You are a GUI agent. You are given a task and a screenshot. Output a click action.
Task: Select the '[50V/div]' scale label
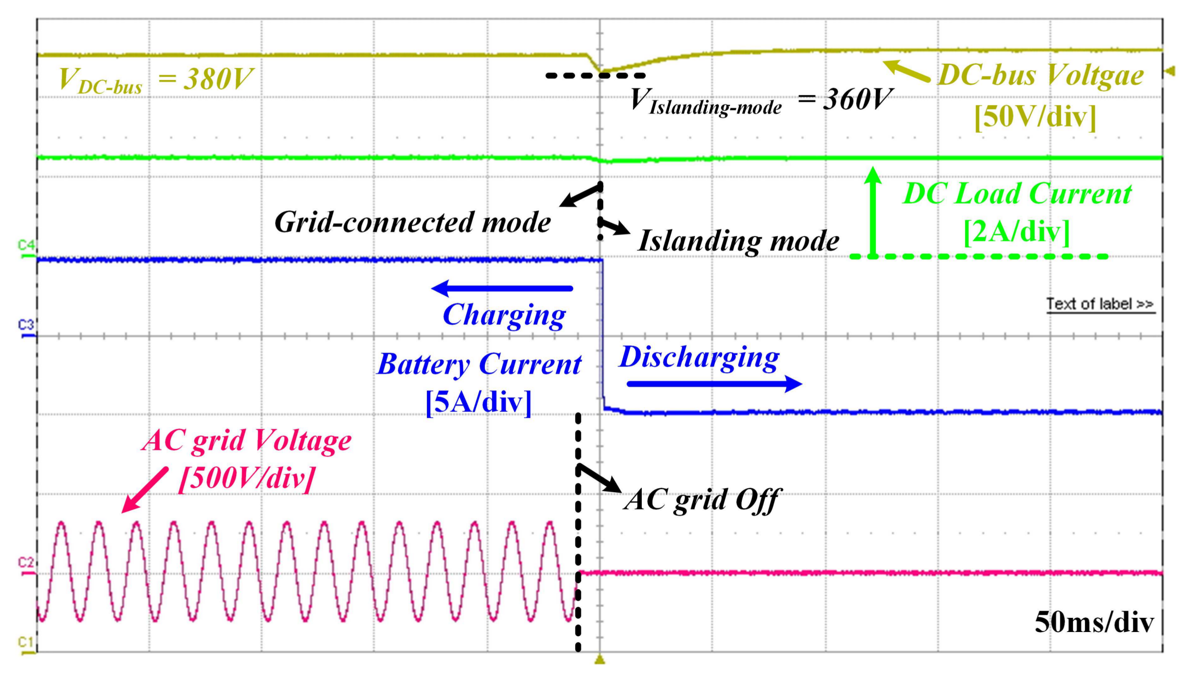point(1035,117)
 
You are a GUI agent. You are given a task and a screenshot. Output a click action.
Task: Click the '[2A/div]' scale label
point(1016,231)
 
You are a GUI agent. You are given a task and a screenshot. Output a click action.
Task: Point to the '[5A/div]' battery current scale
point(479,402)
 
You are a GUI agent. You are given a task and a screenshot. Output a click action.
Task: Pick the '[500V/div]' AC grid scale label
point(247,478)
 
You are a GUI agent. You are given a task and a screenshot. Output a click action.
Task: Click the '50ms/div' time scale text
point(1094,622)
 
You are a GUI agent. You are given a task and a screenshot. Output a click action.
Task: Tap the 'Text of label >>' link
point(1100,304)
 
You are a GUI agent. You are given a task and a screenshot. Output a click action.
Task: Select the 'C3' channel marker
point(26,324)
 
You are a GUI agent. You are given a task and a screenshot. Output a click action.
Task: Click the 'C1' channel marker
point(26,643)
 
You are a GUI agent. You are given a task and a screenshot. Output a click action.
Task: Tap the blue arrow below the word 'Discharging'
point(714,384)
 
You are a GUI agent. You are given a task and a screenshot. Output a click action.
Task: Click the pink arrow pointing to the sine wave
point(144,490)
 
